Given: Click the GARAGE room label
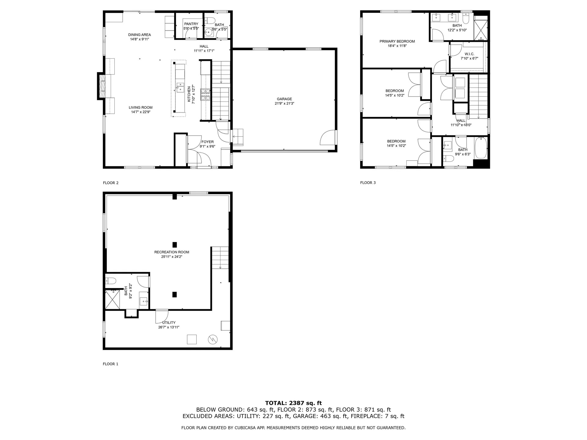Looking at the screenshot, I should pyautogui.click(x=284, y=99).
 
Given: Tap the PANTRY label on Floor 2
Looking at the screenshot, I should pyautogui.click(x=191, y=24).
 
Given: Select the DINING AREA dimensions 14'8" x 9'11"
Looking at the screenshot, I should pyautogui.click(x=139, y=39).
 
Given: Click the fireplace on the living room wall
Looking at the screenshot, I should pyautogui.click(x=101, y=86).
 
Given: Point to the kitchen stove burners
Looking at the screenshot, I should pyautogui.click(x=205, y=94).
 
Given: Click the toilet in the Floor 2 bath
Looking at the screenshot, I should pyautogui.click(x=210, y=20).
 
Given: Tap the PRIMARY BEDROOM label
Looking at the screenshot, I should pyautogui.click(x=397, y=41).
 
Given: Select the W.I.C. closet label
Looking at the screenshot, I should pyautogui.click(x=469, y=54).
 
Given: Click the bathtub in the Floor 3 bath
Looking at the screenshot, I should pyautogui.click(x=481, y=148).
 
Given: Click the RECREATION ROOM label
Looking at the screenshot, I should pyautogui.click(x=172, y=252).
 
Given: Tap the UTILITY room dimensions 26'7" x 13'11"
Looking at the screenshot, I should pyautogui.click(x=169, y=327).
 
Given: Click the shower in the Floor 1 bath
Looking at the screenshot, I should pyautogui.click(x=112, y=299).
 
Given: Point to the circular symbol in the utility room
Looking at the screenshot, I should pyautogui.click(x=212, y=339).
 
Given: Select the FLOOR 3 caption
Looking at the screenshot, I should pyautogui.click(x=368, y=183).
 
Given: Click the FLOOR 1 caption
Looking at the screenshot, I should pyautogui.click(x=110, y=364).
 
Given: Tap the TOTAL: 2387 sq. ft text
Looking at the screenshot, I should pyautogui.click(x=293, y=403).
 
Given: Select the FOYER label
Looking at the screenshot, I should pyautogui.click(x=207, y=142).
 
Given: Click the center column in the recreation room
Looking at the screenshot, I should pyautogui.click(x=175, y=245).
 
